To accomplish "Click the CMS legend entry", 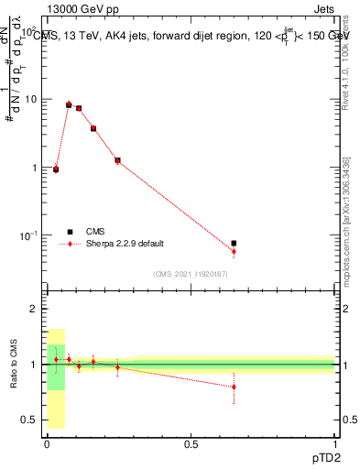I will coord(95,232).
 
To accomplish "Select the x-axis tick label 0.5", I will coord(191,442).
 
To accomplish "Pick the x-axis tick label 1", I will coord(334,442).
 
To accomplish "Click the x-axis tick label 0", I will coord(47,442).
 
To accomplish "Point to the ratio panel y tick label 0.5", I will coord(28,420).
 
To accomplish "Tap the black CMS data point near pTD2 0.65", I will coord(234,244).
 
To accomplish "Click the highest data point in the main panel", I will coord(69,104).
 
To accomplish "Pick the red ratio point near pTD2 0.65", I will coord(234,387).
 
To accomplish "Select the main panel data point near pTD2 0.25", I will coord(118,160).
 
